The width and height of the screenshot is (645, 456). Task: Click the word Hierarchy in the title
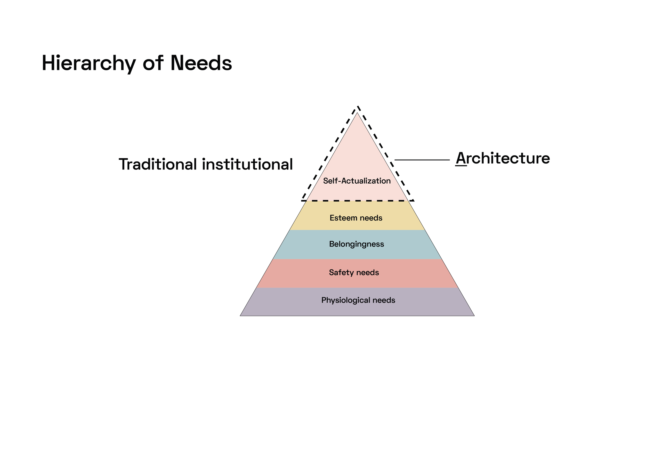pyautogui.click(x=89, y=64)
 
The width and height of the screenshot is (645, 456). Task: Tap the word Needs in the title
pyautogui.click(x=201, y=63)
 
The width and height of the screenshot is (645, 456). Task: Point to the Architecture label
pyautogui.click(x=503, y=158)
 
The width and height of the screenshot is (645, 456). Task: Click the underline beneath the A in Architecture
pyautogui.click(x=461, y=166)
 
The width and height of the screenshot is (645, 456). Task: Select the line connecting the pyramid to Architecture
pyautogui.click(x=422, y=160)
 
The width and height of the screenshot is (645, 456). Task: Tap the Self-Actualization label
pyautogui.click(x=357, y=181)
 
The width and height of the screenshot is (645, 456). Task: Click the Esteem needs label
pyautogui.click(x=356, y=218)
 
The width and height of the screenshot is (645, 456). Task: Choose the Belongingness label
pyautogui.click(x=357, y=244)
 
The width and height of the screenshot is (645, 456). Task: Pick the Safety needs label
pyautogui.click(x=354, y=272)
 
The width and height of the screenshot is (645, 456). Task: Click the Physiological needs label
pyautogui.click(x=358, y=300)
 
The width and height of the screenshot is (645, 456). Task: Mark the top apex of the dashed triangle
pyautogui.click(x=358, y=107)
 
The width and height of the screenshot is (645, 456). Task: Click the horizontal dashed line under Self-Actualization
pyautogui.click(x=358, y=201)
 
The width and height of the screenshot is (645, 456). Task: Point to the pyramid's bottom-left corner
pyautogui.click(x=240, y=316)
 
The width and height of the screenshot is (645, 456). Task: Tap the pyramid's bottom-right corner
pyautogui.click(x=474, y=316)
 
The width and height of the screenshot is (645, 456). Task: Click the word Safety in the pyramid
pyautogui.click(x=341, y=272)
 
